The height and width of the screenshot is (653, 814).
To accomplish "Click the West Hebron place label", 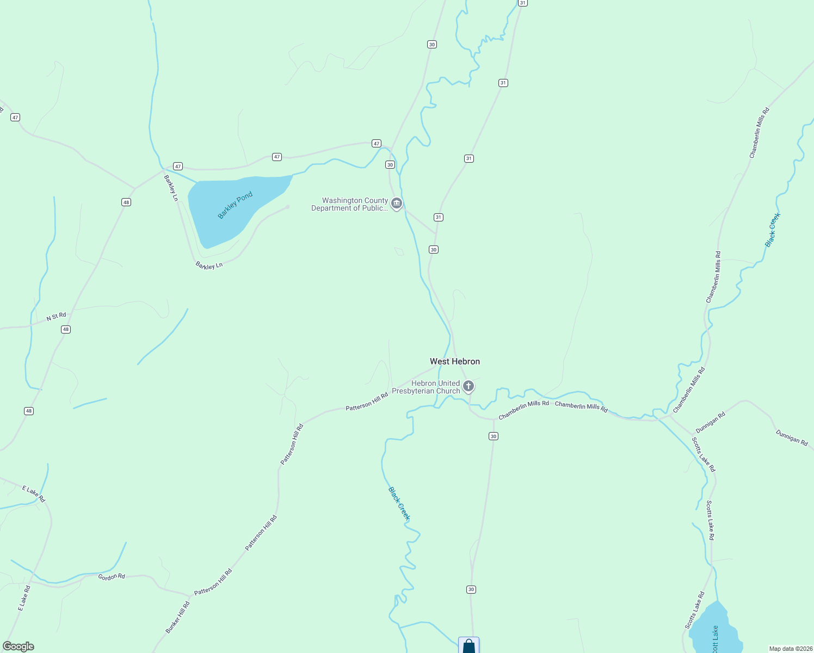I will click(x=455, y=361).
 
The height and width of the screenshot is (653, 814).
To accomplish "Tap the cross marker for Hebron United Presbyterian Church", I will click(x=468, y=386).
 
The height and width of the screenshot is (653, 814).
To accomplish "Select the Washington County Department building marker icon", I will click(x=397, y=204).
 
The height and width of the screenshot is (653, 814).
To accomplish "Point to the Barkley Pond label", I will click(x=235, y=205).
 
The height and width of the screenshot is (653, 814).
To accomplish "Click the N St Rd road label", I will click(x=56, y=316).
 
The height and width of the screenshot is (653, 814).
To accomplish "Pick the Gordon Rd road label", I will click(x=112, y=576).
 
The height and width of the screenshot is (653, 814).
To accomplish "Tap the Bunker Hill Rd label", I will click(x=178, y=617).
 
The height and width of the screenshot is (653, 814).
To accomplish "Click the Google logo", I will click(x=18, y=646).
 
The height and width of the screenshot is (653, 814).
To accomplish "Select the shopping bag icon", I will click(x=468, y=646).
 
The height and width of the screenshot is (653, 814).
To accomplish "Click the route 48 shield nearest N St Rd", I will click(x=66, y=329).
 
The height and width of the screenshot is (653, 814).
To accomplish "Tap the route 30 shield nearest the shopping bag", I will click(x=471, y=589).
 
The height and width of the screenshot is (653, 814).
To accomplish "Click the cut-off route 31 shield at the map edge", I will click(x=522, y=3).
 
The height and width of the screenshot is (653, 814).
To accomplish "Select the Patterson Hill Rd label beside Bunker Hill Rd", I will click(x=213, y=582).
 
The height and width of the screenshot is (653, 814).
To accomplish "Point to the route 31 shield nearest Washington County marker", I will click(x=439, y=217).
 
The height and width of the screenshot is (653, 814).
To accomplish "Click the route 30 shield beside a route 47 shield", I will click(x=390, y=164).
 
